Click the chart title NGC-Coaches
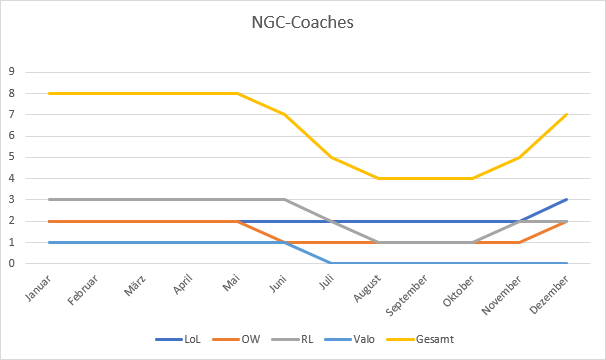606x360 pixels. pos(303,21)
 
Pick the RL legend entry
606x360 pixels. pos(318,339)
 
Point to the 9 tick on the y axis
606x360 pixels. pos(12,72)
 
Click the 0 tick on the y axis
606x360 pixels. pos(12,264)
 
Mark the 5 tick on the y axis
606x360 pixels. pos(12,157)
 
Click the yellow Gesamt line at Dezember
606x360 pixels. pos(568,114)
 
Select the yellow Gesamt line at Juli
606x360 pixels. pos(330,157)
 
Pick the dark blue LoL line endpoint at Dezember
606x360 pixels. pos(568,200)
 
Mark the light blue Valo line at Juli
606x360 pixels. pos(330,264)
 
